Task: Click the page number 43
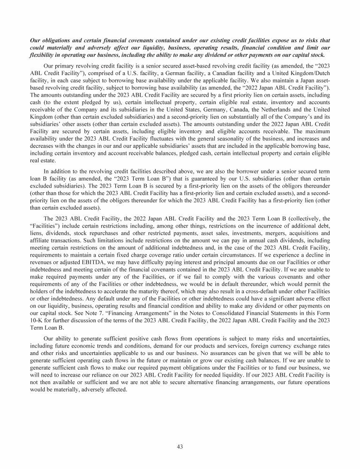tap(180, 446)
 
